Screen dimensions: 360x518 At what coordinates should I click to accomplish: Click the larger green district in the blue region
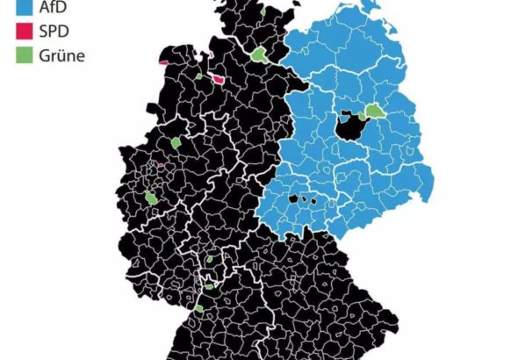tap(375, 112)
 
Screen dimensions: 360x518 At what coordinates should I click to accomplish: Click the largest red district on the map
tap(217, 79)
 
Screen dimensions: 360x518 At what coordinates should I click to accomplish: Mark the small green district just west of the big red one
tap(199, 77)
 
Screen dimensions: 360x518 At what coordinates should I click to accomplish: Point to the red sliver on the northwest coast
tap(163, 62)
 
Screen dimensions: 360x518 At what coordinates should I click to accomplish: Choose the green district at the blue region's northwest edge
tap(260, 54)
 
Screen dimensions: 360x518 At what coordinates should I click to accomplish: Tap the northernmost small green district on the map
tap(263, 14)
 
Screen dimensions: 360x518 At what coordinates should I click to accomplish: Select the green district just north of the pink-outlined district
tap(176, 142)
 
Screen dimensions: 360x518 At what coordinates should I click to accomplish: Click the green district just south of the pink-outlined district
tap(152, 198)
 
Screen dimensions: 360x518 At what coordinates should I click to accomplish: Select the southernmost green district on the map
tap(199, 309)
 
